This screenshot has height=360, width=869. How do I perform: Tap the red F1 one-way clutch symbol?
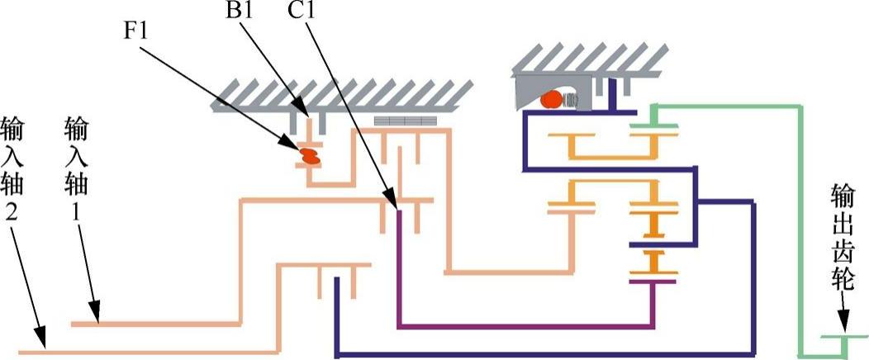(310, 155)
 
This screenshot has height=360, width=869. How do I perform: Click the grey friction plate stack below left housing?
(404, 121)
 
